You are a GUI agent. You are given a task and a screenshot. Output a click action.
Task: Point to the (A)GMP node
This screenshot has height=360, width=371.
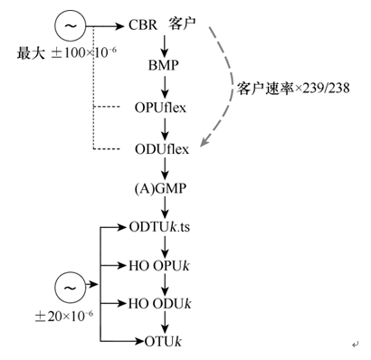[164, 192]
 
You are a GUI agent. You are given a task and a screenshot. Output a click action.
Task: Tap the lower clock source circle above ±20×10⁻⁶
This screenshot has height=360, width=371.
[69, 288]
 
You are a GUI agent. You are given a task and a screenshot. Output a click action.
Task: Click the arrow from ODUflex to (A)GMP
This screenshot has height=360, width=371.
[165, 170]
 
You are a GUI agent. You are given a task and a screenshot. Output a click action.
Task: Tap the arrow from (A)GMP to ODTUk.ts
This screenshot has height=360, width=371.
[165, 209]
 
